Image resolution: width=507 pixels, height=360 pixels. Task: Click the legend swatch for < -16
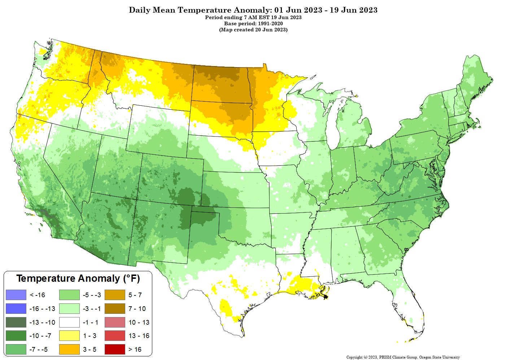(16, 295)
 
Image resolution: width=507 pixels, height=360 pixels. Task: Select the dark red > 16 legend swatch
(115, 350)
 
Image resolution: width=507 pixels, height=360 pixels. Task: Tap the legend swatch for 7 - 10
(115, 309)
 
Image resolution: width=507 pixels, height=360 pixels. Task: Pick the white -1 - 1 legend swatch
(69, 322)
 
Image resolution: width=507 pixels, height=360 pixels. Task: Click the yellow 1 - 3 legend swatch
(69, 336)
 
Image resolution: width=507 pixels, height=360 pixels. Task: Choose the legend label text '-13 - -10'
(42, 322)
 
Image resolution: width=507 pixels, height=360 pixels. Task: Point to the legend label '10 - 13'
(139, 322)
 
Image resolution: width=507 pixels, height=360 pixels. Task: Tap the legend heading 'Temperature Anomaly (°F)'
(78, 278)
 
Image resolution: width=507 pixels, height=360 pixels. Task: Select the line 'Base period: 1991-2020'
(253, 23)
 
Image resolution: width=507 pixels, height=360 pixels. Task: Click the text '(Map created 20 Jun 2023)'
(253, 30)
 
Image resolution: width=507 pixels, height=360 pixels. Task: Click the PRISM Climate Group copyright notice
(403, 357)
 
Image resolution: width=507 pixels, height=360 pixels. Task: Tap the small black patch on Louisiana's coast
(326, 297)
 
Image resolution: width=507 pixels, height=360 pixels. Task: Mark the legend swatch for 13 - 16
(115, 336)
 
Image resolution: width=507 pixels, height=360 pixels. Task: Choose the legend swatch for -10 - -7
(16, 336)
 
